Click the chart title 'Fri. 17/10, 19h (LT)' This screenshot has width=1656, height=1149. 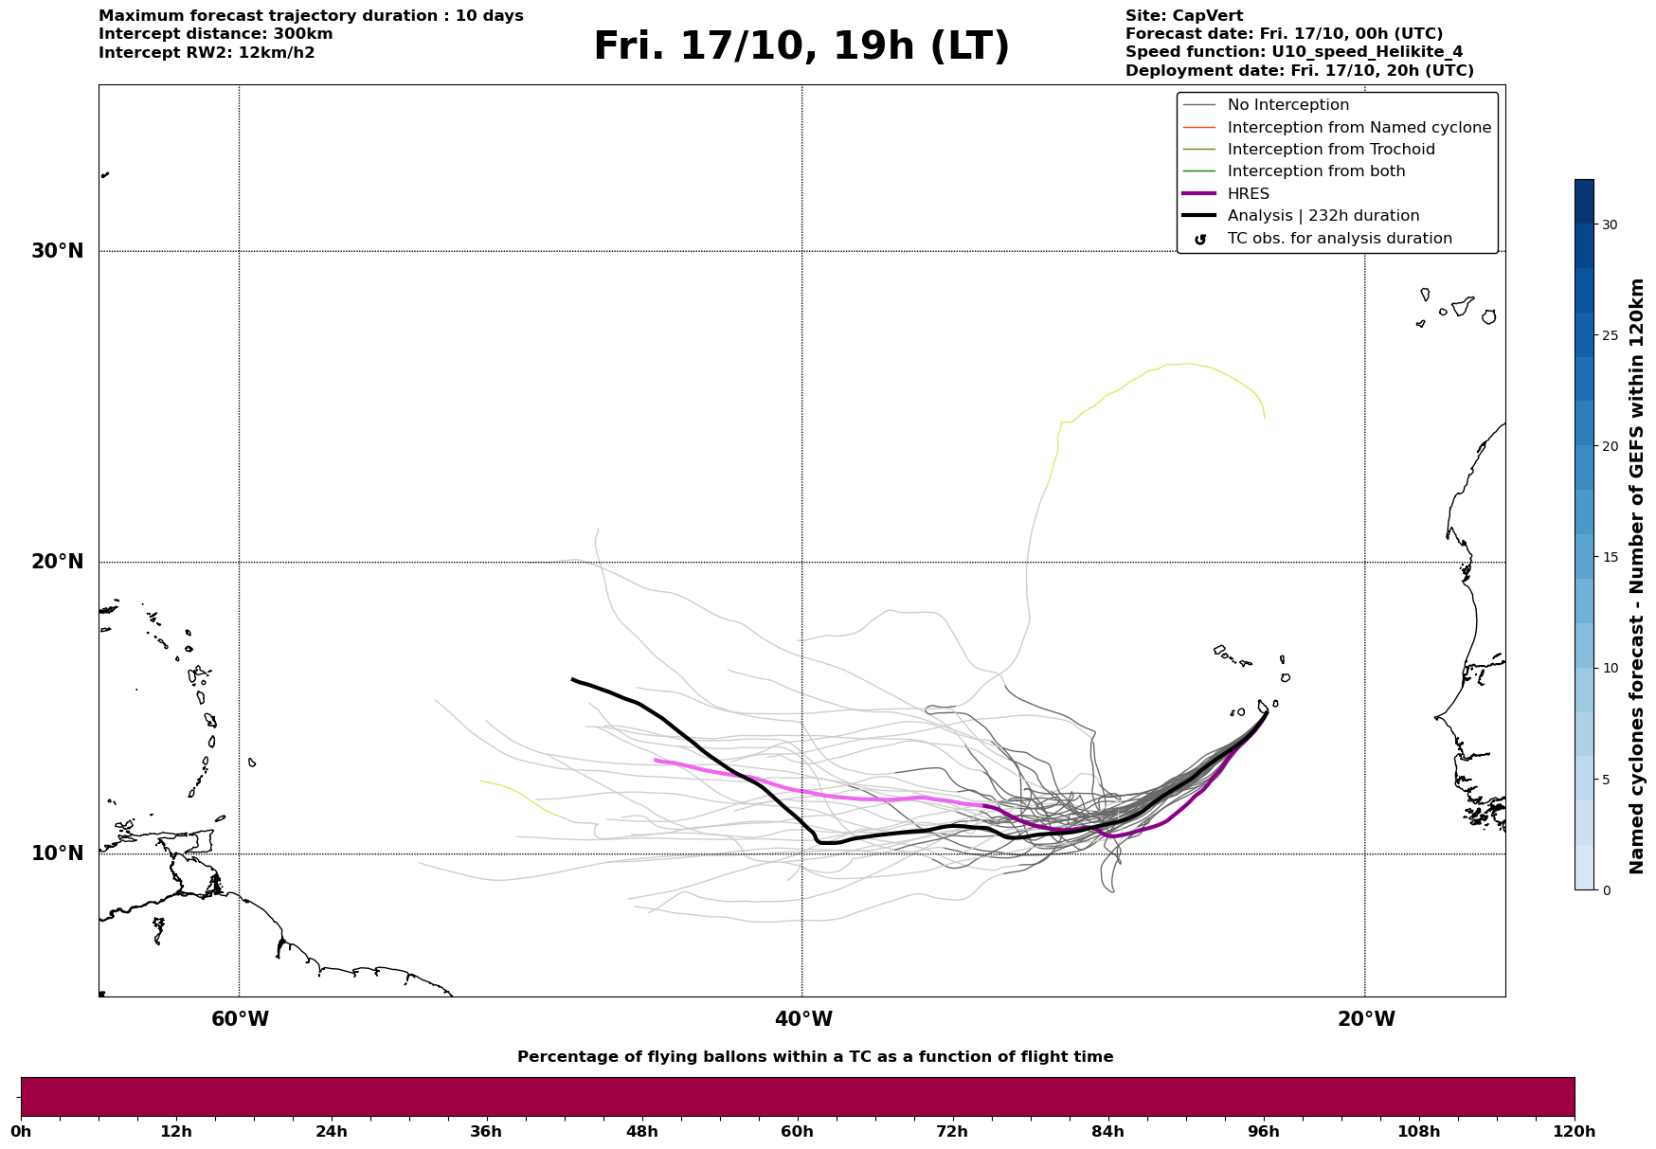[801, 47]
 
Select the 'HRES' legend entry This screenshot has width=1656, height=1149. [1248, 194]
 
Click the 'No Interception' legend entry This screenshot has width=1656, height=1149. [1287, 105]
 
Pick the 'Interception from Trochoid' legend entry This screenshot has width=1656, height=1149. [1330, 150]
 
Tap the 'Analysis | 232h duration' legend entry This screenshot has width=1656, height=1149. [1323, 216]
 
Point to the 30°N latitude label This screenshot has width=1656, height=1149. [58, 251]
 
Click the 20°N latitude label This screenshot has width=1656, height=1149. [58, 562]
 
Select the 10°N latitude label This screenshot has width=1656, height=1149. [58, 853]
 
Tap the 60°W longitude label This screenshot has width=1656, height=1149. [240, 1019]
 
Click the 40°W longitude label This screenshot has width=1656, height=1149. [803, 1019]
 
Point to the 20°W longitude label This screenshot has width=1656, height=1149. [1366, 1019]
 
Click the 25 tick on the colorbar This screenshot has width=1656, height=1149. [1610, 335]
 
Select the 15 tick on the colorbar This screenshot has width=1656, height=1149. [1610, 557]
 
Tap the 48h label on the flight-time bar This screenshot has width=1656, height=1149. [641, 1131]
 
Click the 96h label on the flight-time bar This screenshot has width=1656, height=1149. [1263, 1131]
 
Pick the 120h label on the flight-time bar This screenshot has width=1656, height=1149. [1574, 1131]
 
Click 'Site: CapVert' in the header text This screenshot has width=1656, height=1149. [1184, 16]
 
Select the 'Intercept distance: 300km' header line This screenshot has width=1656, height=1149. [216, 34]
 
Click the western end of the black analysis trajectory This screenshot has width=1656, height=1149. [572, 679]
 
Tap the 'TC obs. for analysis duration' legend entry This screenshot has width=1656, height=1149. [1339, 239]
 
